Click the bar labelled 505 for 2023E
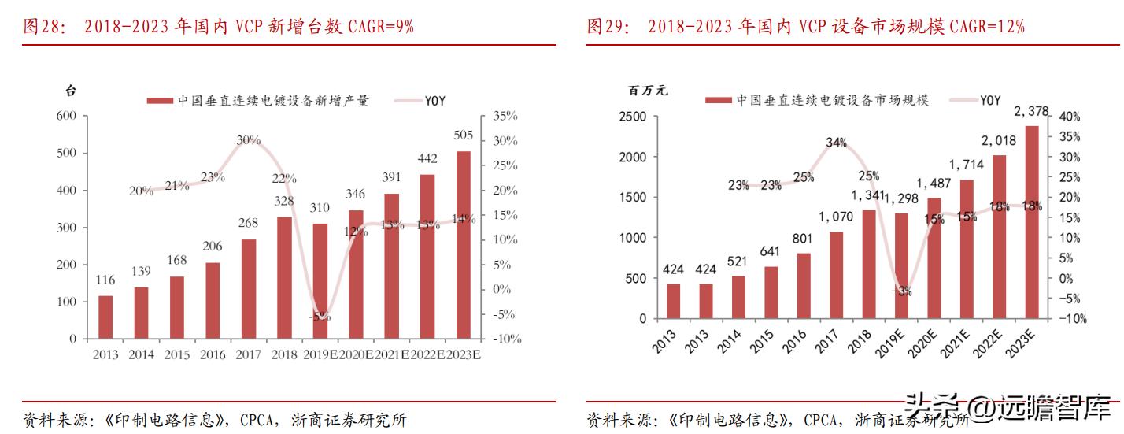(464, 245)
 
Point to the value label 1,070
(835, 216)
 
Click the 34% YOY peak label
(837, 143)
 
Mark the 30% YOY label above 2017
(249, 139)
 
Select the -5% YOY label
(320, 317)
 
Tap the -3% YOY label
(901, 291)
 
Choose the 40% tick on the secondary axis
(1069, 117)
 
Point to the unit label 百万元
(648, 90)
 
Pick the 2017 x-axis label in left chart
(249, 354)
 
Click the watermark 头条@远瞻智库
(1011, 408)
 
